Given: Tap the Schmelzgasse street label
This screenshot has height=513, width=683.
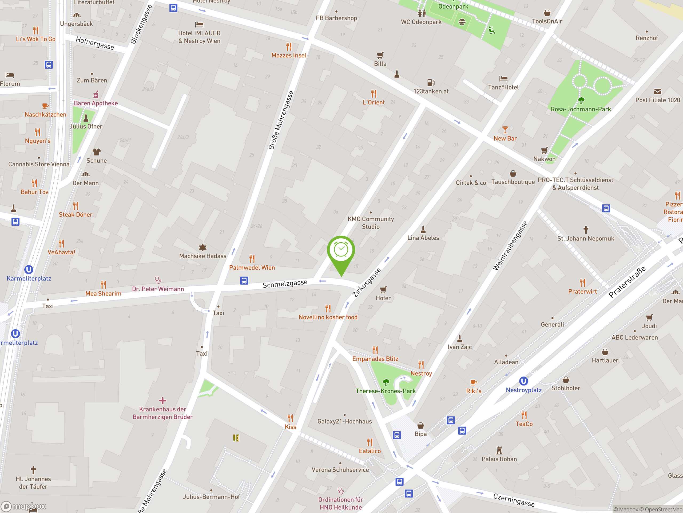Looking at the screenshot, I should click(285, 283).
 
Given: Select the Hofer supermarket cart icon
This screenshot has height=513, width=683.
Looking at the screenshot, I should click(383, 289).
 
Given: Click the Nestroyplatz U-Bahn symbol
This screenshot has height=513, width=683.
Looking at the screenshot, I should click(523, 381).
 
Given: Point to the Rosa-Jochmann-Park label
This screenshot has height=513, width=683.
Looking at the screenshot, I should click(581, 109).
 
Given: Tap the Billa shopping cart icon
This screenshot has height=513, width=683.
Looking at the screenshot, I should click(380, 55).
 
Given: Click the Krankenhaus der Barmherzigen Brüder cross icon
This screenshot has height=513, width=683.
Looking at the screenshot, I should click(162, 401).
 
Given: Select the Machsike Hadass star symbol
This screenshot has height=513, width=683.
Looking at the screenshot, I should click(202, 247).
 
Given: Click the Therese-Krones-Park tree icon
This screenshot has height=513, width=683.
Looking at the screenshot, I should click(386, 382).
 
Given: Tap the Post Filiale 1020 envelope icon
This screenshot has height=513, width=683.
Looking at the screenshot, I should click(657, 92).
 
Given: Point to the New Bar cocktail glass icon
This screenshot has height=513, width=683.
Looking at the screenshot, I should click(505, 130).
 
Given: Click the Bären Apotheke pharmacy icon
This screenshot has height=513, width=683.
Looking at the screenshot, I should click(96, 94).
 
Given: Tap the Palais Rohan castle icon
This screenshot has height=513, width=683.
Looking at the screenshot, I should click(499, 450).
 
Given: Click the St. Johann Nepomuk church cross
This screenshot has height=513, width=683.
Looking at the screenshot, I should click(586, 230).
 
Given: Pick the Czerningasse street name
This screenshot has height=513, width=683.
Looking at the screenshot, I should click(514, 500).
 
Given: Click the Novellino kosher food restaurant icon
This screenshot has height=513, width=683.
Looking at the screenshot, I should click(328, 308).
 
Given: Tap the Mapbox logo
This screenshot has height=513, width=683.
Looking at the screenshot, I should click(23, 506).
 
